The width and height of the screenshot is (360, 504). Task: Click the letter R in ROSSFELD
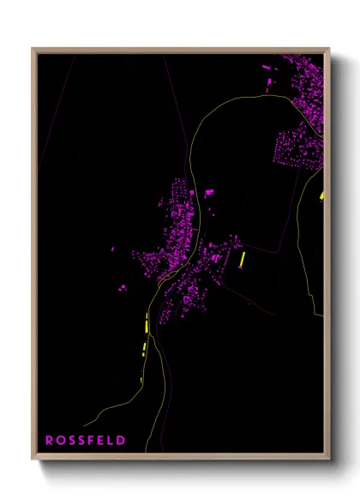point(49,440)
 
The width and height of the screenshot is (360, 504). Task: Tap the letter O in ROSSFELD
point(60,440)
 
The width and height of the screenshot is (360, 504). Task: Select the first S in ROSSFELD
point(71,440)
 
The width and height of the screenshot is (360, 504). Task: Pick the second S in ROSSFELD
point(81,440)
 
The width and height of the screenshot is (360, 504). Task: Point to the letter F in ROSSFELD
point(92,440)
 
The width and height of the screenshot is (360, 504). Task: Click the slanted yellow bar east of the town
point(243,259)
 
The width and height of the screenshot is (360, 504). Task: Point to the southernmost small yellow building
point(141,379)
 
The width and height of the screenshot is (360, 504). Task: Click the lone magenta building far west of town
point(111,249)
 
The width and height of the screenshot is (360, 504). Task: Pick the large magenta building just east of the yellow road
point(208,193)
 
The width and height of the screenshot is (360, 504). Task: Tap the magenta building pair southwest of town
point(123,287)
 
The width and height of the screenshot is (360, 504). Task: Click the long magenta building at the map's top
point(266,65)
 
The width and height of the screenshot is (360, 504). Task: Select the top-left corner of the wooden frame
point(33,49)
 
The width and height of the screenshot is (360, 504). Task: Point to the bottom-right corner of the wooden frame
point(329,460)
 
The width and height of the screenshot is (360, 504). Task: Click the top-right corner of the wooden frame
point(329,49)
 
